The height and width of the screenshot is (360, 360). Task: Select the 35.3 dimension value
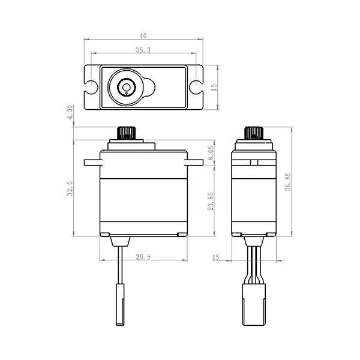pos(143,50)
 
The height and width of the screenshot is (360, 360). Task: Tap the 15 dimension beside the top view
pos(214,88)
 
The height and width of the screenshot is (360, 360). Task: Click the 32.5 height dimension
pos(70,188)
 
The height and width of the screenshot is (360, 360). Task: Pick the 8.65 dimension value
pos(211,151)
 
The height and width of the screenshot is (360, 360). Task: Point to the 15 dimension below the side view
pos(216,257)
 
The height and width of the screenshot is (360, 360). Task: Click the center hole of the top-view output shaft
pos(127,88)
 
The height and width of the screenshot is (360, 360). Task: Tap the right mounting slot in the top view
pos(196,88)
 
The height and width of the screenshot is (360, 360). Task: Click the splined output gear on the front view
pos(127,132)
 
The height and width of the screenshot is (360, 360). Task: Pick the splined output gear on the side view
pos(254,132)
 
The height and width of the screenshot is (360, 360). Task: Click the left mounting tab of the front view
pos(91,162)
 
